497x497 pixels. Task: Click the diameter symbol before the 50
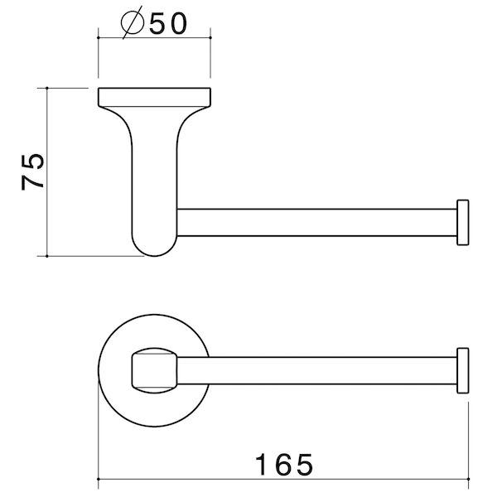click(132, 23)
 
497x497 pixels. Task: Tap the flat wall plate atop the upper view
click(155, 93)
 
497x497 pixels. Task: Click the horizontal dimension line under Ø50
click(155, 37)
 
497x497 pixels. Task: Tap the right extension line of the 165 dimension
click(469, 431)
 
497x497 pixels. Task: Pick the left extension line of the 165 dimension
click(99, 431)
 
